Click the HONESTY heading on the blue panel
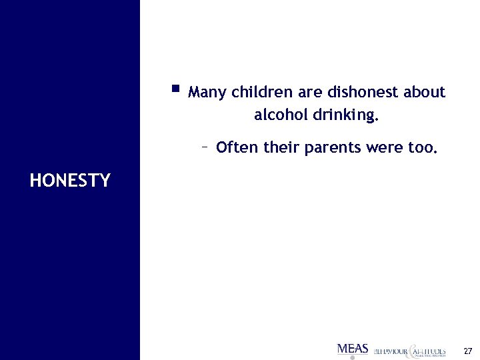[70, 180]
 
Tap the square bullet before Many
[175, 87]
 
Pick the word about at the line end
[424, 92]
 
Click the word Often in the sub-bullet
[237, 147]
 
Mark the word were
[385, 147]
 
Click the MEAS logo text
[353, 348]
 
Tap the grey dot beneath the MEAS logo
[352, 357]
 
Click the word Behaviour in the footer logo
[389, 350]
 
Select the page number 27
[467, 351]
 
